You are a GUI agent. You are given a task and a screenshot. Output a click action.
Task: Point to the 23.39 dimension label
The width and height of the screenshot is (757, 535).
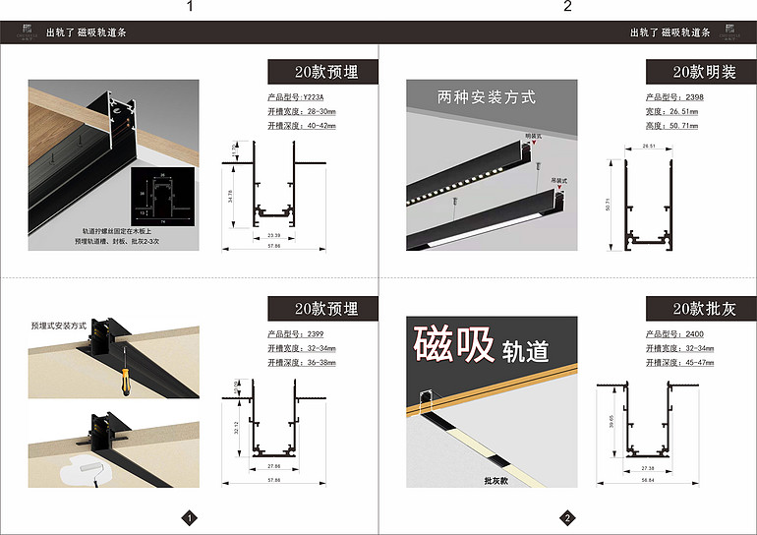pos(272,236)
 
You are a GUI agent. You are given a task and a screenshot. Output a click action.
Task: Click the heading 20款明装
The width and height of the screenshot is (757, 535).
pos(701,72)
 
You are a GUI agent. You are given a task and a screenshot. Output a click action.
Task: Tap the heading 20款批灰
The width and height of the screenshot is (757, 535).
pos(701,309)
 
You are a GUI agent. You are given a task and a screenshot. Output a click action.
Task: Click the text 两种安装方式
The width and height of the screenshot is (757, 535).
pos(486,97)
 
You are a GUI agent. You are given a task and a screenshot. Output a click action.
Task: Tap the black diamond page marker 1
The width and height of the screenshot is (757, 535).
pos(190,517)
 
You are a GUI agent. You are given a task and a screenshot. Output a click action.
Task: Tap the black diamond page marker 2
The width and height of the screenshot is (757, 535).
pos(567,517)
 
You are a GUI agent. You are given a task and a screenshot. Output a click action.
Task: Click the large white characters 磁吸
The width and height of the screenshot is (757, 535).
pos(453,345)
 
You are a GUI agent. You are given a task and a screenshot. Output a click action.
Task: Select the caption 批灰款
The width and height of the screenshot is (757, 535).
pos(496,482)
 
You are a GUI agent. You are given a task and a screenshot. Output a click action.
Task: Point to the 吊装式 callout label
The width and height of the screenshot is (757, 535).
pos(560,181)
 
